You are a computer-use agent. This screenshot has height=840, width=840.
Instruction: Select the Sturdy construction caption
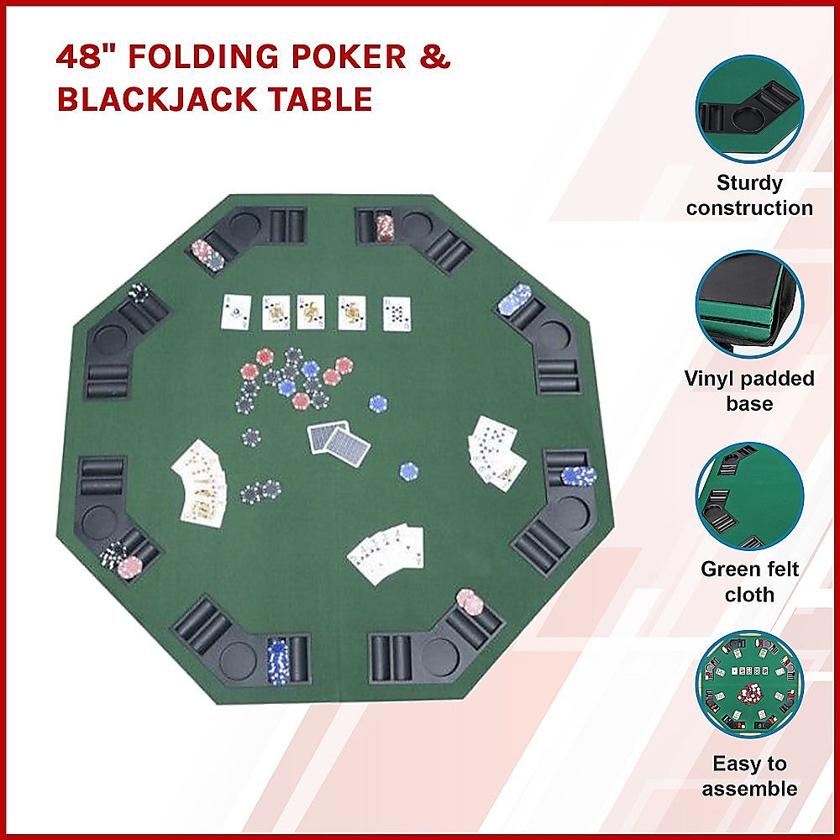[x=749, y=196]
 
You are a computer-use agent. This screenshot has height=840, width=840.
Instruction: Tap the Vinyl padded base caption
[x=749, y=391]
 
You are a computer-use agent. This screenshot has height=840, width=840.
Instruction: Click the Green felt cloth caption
[x=749, y=581]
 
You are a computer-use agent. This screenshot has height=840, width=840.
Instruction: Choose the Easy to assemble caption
[x=749, y=776]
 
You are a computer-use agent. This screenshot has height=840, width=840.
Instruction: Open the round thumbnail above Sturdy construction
[x=749, y=107]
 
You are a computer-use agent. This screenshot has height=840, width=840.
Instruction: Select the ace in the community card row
[x=236, y=312]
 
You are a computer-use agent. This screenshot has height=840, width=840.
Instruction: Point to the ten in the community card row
[x=396, y=312]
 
